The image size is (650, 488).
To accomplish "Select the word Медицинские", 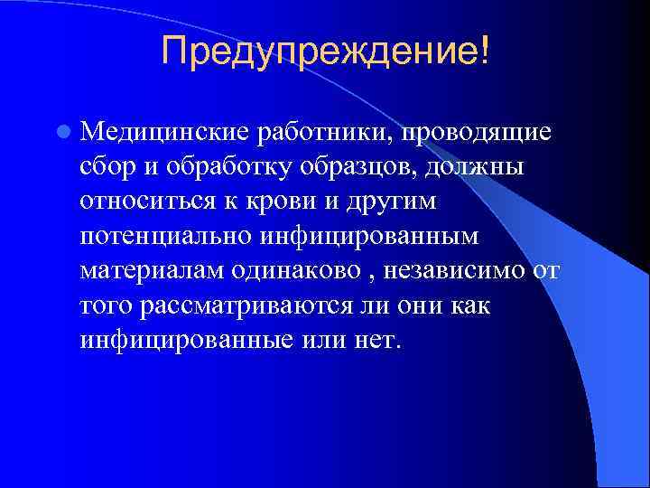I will coord(165,133).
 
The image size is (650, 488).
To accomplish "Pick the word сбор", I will coord(107,167).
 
